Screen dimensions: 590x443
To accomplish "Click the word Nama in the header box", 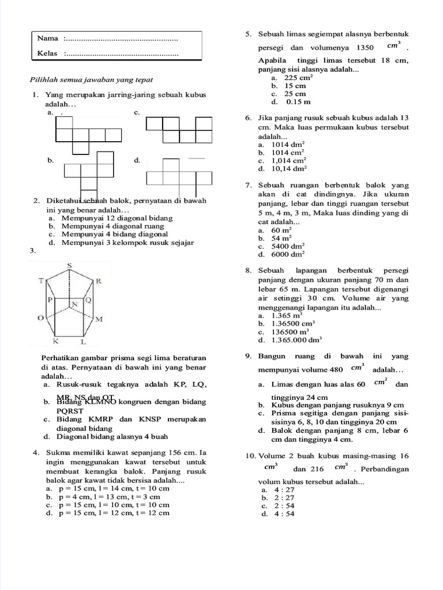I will (x=48, y=39).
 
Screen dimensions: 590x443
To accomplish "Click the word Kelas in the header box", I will (x=48, y=54).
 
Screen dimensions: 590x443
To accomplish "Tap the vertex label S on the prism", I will (x=69, y=265).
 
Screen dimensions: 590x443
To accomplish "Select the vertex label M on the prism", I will (x=99, y=319).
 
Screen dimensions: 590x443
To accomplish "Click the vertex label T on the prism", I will (x=42, y=281).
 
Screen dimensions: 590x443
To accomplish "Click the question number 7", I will (x=248, y=186).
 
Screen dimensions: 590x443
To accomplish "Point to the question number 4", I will (x=36, y=452).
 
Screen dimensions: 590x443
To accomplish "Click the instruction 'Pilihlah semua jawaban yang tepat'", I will (x=91, y=80).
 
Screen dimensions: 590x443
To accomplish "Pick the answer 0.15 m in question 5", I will (x=298, y=102).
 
